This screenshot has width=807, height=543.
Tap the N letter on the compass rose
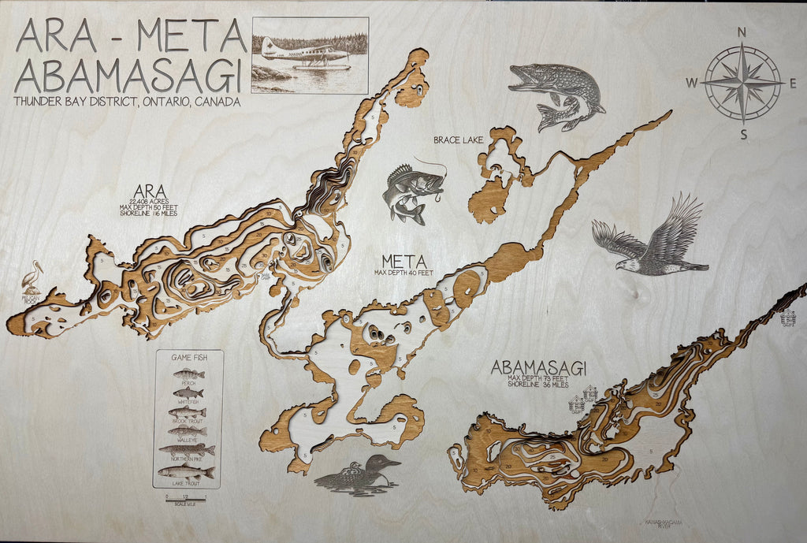pyautogui.click(x=741, y=32)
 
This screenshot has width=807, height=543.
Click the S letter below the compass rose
pyautogui.click(x=742, y=133)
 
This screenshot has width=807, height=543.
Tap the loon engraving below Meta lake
pyautogui.click(x=359, y=474)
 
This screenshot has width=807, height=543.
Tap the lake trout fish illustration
pyautogui.click(x=186, y=471)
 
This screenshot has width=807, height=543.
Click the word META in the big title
pyautogui.click(x=192, y=36)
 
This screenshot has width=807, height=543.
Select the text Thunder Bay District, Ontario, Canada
pyautogui.click(x=127, y=102)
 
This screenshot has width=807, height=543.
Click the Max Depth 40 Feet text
pyautogui.click(x=404, y=273)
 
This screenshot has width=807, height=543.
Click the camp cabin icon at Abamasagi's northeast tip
pyautogui.click(x=788, y=318)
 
